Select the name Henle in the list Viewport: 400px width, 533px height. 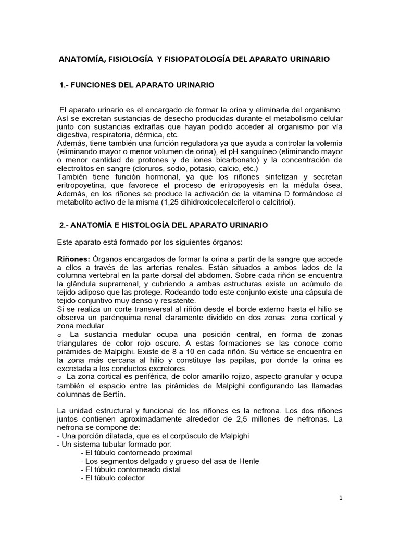(248, 461)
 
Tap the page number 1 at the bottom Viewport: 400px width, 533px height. (340, 498)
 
